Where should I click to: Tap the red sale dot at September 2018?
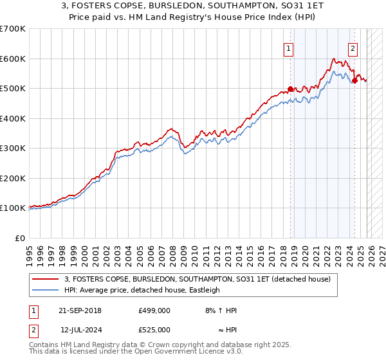(x=290, y=89)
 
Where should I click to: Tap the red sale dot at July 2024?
(x=354, y=81)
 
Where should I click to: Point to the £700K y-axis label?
(x=13, y=29)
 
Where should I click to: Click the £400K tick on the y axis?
(x=13, y=118)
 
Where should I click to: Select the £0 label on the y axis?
(x=21, y=238)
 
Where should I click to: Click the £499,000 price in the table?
(x=154, y=310)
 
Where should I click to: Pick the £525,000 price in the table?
(x=154, y=330)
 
